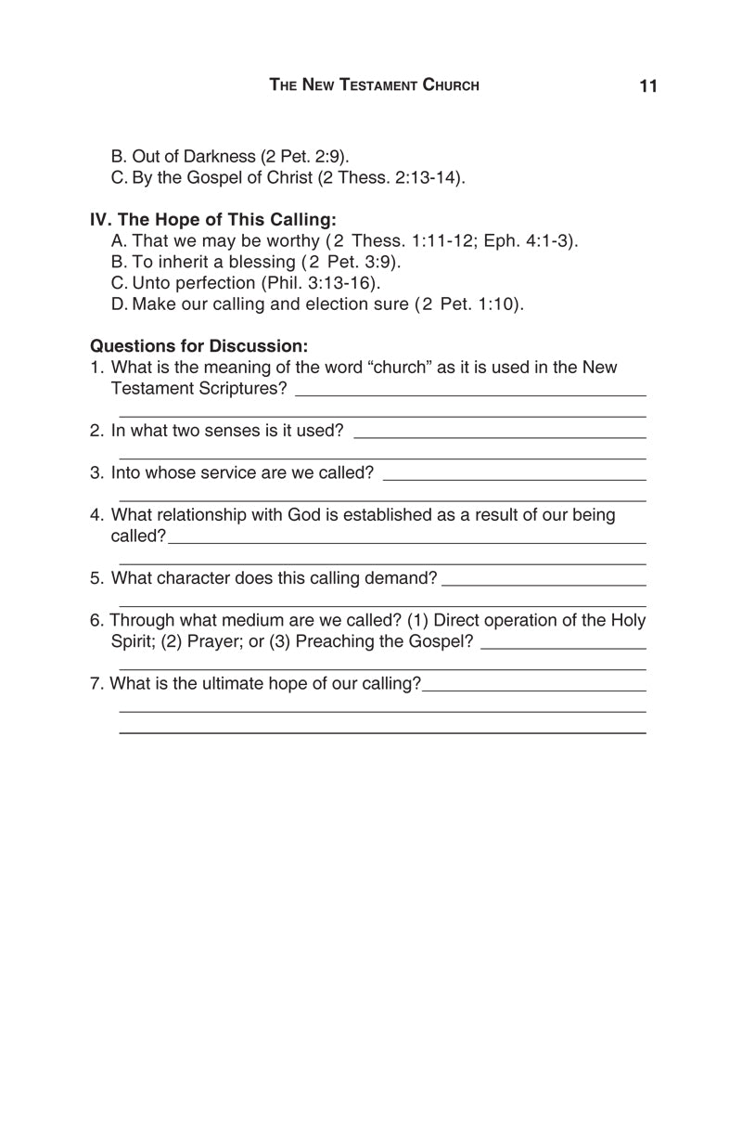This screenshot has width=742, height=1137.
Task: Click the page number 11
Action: tap(648, 86)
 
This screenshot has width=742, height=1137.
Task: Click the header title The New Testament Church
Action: tap(374, 85)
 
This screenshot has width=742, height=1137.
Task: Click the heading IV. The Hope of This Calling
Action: tap(212, 220)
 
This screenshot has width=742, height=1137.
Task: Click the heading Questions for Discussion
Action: tap(198, 346)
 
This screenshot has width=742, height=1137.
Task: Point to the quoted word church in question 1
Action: tap(399, 368)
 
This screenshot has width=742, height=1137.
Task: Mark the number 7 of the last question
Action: tap(95, 684)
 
